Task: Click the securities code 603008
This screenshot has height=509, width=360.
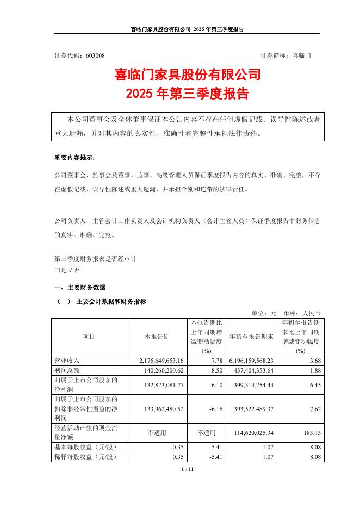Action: [95, 55]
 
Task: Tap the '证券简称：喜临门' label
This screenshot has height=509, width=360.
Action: [286, 55]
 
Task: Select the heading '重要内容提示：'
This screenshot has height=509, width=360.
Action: [74, 158]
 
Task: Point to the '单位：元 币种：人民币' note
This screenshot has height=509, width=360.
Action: [286, 313]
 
